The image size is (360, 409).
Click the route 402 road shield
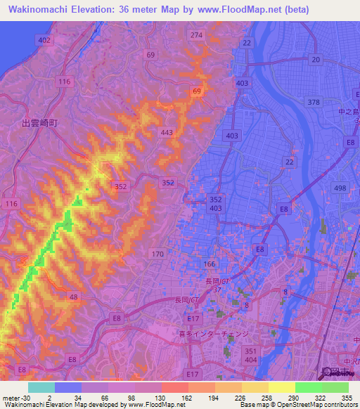[x=45, y=41]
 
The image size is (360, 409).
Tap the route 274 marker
[x=196, y=35]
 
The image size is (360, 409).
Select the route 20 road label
[x=316, y=60]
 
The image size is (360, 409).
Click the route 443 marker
[x=167, y=132]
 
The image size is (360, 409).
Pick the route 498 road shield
[x=340, y=187]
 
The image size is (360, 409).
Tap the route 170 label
[x=157, y=254]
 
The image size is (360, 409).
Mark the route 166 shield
[x=210, y=264]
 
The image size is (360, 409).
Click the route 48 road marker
[x=73, y=297]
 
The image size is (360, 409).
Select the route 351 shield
[x=250, y=349]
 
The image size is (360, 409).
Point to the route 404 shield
[x=250, y=358]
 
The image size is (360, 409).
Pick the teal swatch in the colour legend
[x=41, y=387]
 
